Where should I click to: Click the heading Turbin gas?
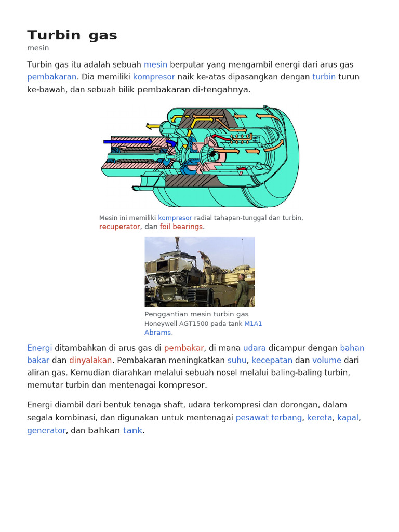point(72,35)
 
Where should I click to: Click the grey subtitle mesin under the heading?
point(38,48)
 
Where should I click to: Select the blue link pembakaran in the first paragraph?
point(51,77)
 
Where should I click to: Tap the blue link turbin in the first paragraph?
point(324,77)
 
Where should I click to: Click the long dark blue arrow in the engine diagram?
point(128,141)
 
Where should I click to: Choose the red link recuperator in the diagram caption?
point(119,227)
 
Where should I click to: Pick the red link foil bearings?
point(181,227)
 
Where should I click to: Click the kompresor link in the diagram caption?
point(175,218)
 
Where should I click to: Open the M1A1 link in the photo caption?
point(253,323)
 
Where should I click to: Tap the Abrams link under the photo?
point(157,332)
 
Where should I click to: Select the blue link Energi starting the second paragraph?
point(39,348)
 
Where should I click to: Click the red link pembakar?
point(183,348)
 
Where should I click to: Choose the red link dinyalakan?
point(90,360)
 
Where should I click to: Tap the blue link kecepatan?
point(272,360)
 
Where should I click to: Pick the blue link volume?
point(327,360)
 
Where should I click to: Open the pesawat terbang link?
point(269,417)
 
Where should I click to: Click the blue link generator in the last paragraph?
point(46,430)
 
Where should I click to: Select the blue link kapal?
point(348,417)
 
